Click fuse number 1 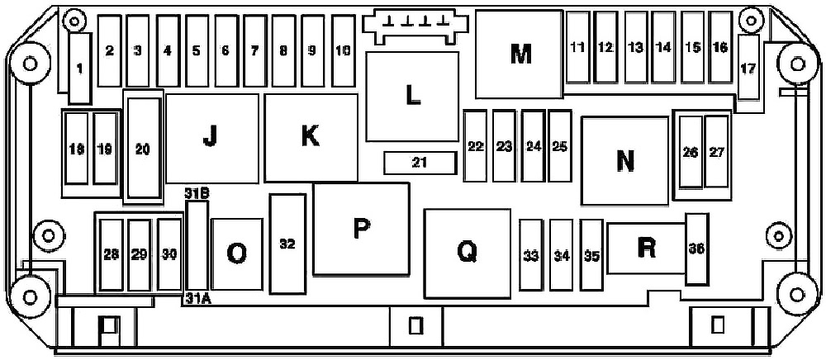coord(80,69)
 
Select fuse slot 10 coord(344,50)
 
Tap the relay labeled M coord(520,54)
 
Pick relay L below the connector coord(412,97)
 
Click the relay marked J coord(212,139)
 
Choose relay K coord(311,138)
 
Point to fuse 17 coord(748,68)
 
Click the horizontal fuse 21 coord(420,163)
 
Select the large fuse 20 coord(143,149)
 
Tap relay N coord(625,160)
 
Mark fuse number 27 coord(716,152)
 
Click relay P coord(362,229)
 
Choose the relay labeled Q coord(468,253)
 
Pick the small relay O coord(236,254)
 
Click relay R coord(647,249)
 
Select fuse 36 coord(697,249)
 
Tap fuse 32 coord(287,244)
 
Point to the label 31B coord(197,192)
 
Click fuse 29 coord(139,255)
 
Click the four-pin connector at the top coord(416,26)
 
